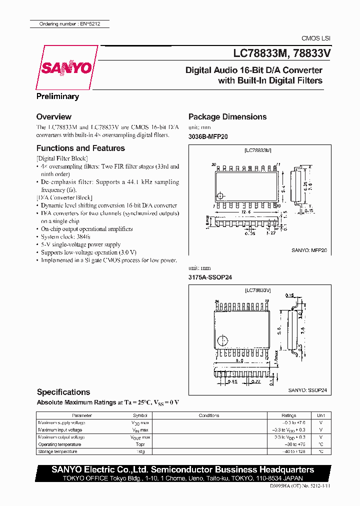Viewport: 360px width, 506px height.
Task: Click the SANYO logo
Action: point(65,67)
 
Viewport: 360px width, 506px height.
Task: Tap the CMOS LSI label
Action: point(315,38)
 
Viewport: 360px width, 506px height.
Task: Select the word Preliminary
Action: point(57,96)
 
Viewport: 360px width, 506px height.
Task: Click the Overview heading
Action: point(54,116)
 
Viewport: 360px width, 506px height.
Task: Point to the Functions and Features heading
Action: point(80,148)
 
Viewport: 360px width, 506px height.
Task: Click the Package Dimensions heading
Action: point(227,116)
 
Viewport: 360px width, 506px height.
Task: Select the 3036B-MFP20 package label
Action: point(208,136)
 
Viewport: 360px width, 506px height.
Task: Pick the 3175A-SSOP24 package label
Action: point(210,277)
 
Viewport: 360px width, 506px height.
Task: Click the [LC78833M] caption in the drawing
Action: point(258,150)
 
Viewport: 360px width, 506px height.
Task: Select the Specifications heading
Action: point(63,392)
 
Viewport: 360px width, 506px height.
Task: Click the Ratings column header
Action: point(288,415)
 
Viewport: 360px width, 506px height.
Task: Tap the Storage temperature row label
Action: point(57,451)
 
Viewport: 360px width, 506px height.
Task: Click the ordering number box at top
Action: point(67,24)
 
